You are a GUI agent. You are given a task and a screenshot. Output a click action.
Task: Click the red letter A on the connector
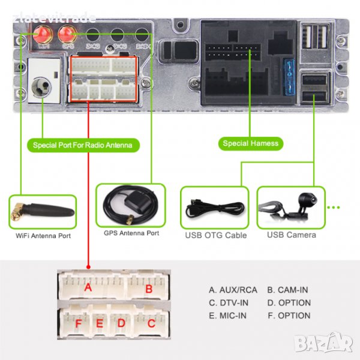pyautogui.click(x=88, y=288)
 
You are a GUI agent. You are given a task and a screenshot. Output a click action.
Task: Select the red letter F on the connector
pyautogui.click(x=78, y=324)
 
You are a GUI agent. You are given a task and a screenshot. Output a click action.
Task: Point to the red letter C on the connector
pyautogui.click(x=151, y=324)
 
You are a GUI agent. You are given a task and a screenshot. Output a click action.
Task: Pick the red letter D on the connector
pyautogui.click(x=121, y=324)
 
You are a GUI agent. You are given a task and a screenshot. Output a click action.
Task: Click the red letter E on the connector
pyautogui.click(x=100, y=324)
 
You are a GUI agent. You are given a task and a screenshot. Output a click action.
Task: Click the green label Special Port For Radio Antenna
pyautogui.click(x=83, y=145)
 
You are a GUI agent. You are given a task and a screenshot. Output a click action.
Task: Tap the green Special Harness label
pyautogui.click(x=250, y=143)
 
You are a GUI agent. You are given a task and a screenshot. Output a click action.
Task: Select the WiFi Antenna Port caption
pyautogui.click(x=43, y=236)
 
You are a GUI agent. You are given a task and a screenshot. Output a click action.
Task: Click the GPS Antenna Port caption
pyautogui.click(x=131, y=233)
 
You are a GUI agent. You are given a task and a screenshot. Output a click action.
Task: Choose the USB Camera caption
pyautogui.click(x=292, y=235)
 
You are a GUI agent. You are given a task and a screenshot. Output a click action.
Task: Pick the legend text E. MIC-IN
pyautogui.click(x=228, y=316)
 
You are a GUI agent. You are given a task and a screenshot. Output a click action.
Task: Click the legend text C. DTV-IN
pyautogui.click(x=229, y=303)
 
